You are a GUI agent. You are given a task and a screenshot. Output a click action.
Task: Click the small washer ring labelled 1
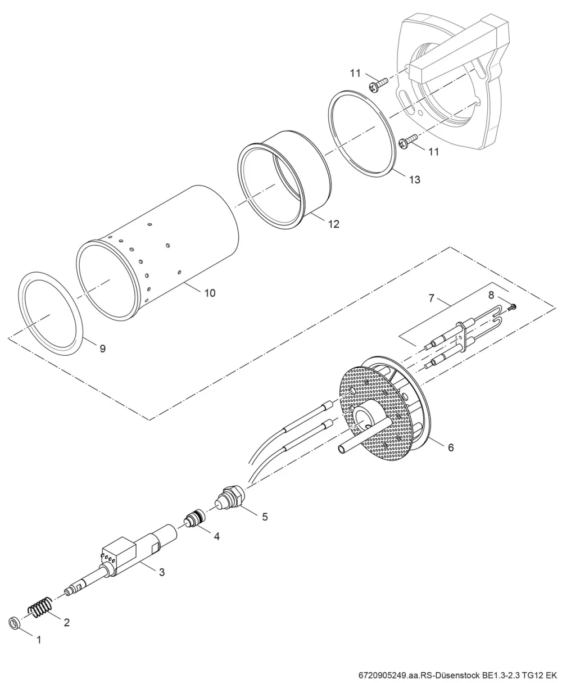pyautogui.click(x=13, y=623)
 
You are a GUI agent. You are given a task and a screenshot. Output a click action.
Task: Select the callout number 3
pyautogui.click(x=162, y=572)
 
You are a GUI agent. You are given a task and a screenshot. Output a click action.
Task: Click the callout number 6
pyautogui.click(x=451, y=447)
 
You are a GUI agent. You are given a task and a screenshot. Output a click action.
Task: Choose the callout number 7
pyautogui.click(x=431, y=298)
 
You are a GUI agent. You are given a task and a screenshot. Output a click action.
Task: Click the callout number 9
pyautogui.click(x=103, y=349)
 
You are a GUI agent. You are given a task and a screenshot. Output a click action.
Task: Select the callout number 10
pyautogui.click(x=210, y=293)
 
